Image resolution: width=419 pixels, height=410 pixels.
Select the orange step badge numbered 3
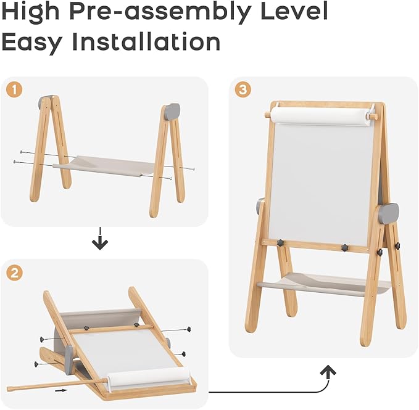[243, 90]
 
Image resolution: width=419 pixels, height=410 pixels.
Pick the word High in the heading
[33, 12]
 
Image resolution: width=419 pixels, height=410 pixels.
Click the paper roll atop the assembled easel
[320, 115]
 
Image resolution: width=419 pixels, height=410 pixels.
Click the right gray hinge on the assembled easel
[389, 213]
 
